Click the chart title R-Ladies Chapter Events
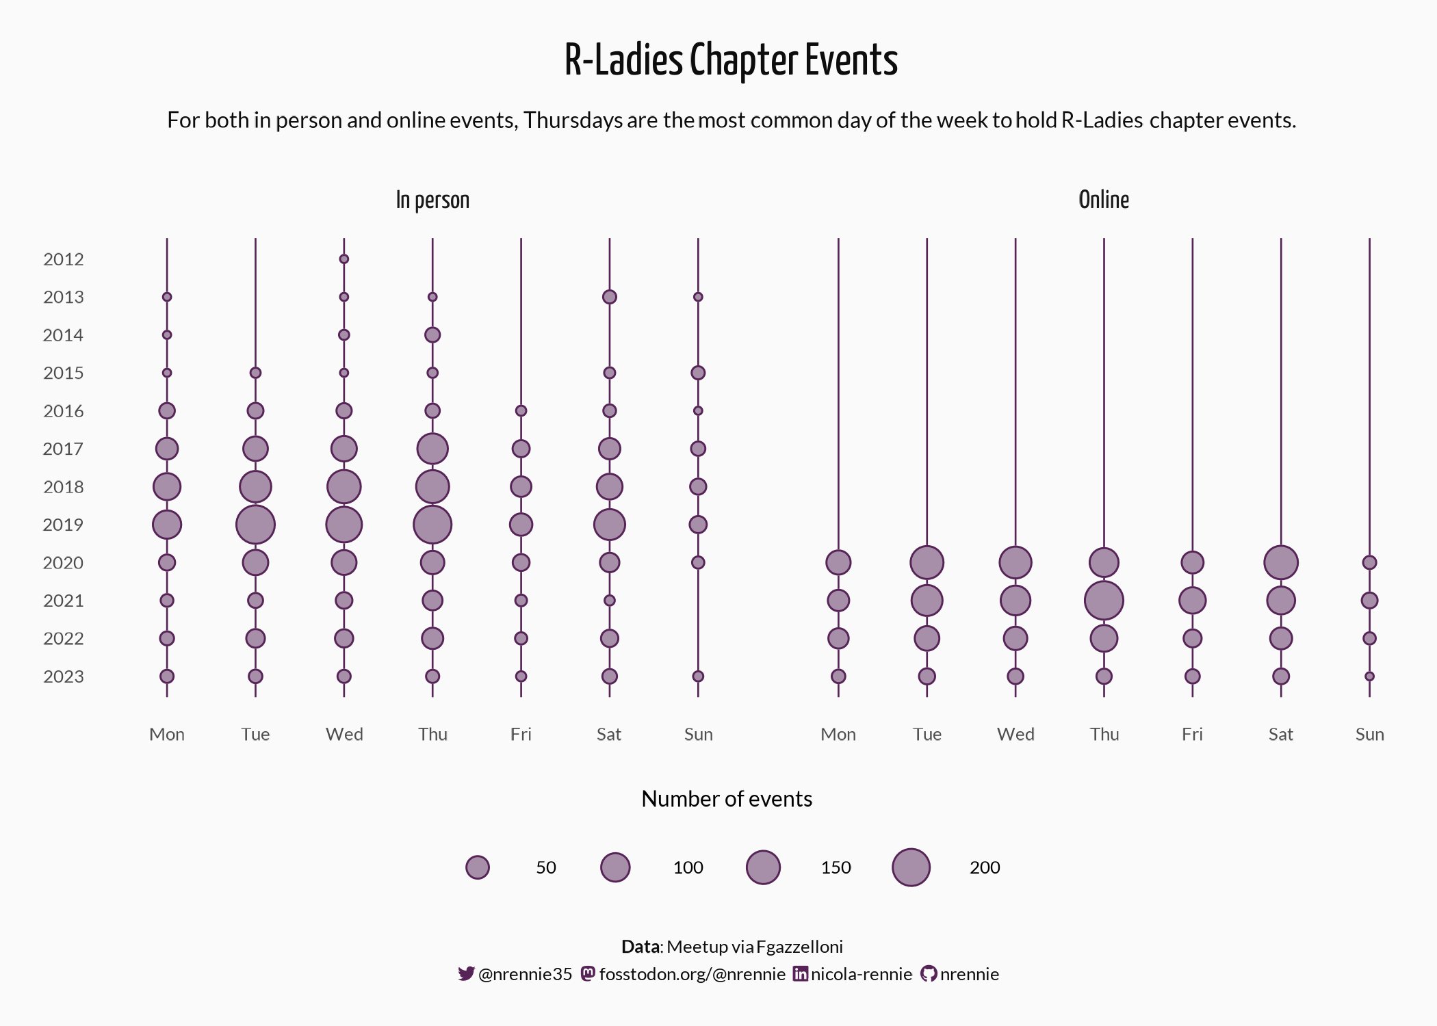tap(731, 60)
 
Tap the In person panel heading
tap(432, 200)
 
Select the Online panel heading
tap(1103, 200)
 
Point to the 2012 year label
tap(64, 259)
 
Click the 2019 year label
tap(64, 525)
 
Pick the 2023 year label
tap(64, 676)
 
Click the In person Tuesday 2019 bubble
tap(255, 525)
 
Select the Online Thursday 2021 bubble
tap(1104, 601)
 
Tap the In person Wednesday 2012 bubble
tap(344, 259)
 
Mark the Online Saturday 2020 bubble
tap(1281, 562)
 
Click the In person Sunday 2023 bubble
tap(698, 676)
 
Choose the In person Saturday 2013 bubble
tap(610, 297)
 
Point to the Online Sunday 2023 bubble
tap(1369, 676)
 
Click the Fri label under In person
tap(521, 735)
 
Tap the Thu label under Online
tap(1104, 735)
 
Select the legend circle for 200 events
tap(911, 867)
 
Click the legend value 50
tap(546, 867)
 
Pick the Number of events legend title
tap(727, 799)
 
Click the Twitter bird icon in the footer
tap(466, 974)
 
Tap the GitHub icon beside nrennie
tap(929, 974)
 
